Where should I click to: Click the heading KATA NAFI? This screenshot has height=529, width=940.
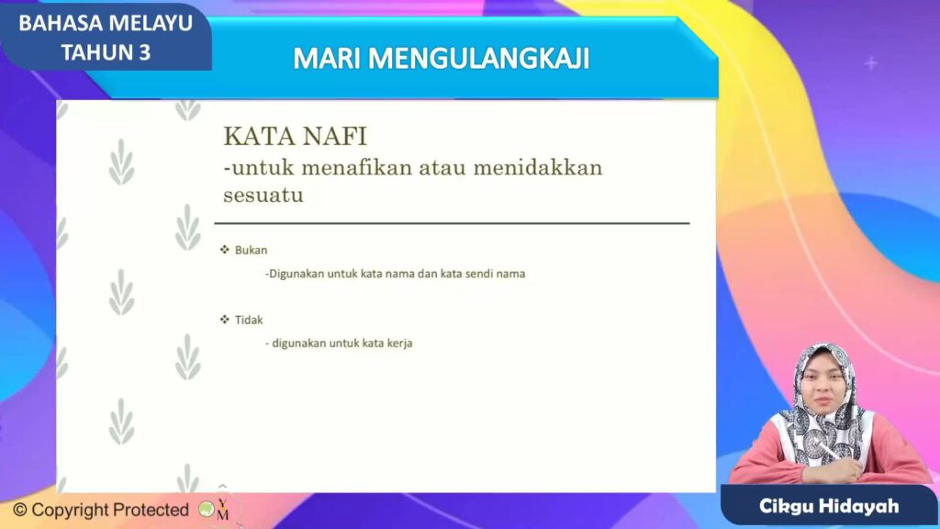click(x=295, y=136)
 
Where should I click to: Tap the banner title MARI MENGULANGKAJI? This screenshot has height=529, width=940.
click(x=442, y=59)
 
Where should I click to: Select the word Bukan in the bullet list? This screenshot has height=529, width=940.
click(x=252, y=250)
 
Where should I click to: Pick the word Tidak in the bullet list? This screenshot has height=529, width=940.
click(x=249, y=320)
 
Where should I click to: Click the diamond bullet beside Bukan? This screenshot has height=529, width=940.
click(x=225, y=250)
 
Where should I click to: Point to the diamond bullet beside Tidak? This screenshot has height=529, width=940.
click(x=225, y=319)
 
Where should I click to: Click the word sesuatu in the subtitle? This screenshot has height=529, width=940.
click(x=263, y=195)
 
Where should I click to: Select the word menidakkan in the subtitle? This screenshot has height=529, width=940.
click(x=538, y=167)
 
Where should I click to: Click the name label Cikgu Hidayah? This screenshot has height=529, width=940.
click(x=829, y=506)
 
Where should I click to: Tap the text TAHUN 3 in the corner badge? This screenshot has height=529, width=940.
click(x=106, y=52)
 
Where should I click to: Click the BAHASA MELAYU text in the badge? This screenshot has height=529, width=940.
click(x=106, y=23)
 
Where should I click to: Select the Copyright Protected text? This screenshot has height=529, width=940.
click(x=110, y=510)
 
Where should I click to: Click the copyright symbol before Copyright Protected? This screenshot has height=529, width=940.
click(x=20, y=510)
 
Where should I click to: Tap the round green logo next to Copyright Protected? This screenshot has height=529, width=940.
click(x=207, y=510)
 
